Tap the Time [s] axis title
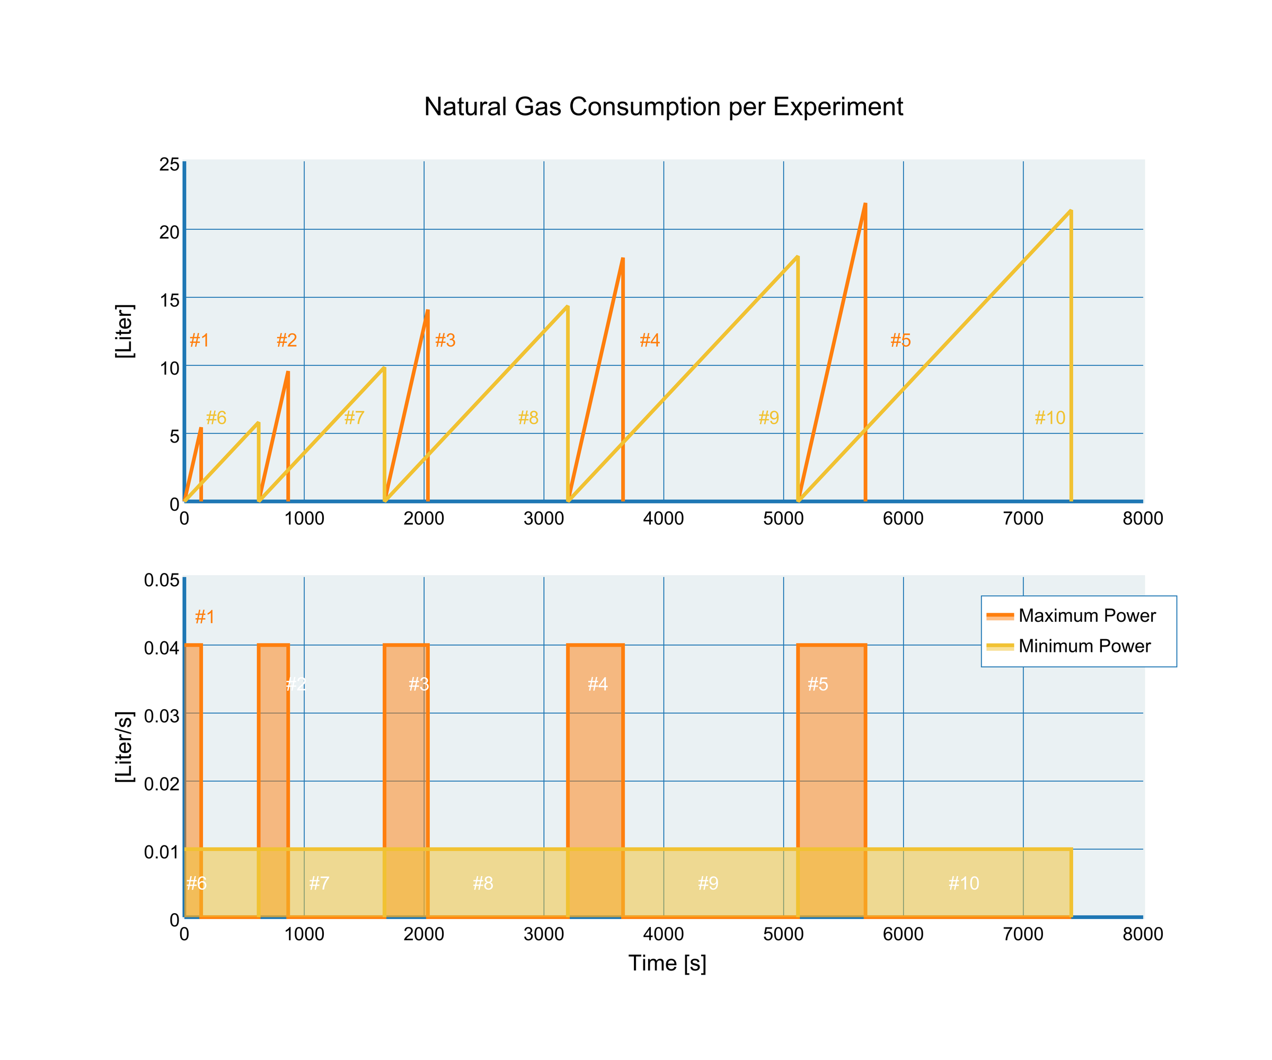(667, 963)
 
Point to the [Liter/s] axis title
(124, 747)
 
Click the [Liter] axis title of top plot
(124, 331)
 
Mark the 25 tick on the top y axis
(169, 165)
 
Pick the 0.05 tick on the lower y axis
(162, 580)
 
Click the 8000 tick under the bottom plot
(1142, 934)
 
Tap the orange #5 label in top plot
(900, 340)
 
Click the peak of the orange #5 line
(865, 205)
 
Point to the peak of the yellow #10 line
(1071, 211)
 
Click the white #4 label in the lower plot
(597, 684)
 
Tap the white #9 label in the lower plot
(708, 883)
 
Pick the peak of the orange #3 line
(428, 311)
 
